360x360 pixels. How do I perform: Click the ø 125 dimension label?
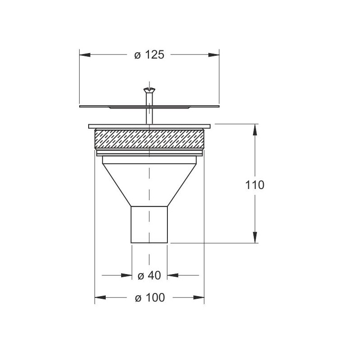pyautogui.click(x=149, y=55)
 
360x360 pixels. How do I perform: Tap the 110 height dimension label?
pyautogui.click(x=255, y=185)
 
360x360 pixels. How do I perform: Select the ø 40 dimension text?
pyautogui.click(x=149, y=275)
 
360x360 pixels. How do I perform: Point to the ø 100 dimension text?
pyautogui.click(x=150, y=297)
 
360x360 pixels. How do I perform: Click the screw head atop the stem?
pyautogui.click(x=149, y=89)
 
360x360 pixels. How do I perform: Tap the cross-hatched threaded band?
pyautogui.click(x=149, y=139)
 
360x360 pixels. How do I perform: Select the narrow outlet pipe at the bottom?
pyautogui.click(x=149, y=225)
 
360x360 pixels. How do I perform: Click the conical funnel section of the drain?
pyautogui.click(x=149, y=185)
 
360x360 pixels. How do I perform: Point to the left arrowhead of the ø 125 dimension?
pyautogui.click(x=85, y=55)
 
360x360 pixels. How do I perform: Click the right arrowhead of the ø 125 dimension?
pyautogui.click(x=214, y=55)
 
